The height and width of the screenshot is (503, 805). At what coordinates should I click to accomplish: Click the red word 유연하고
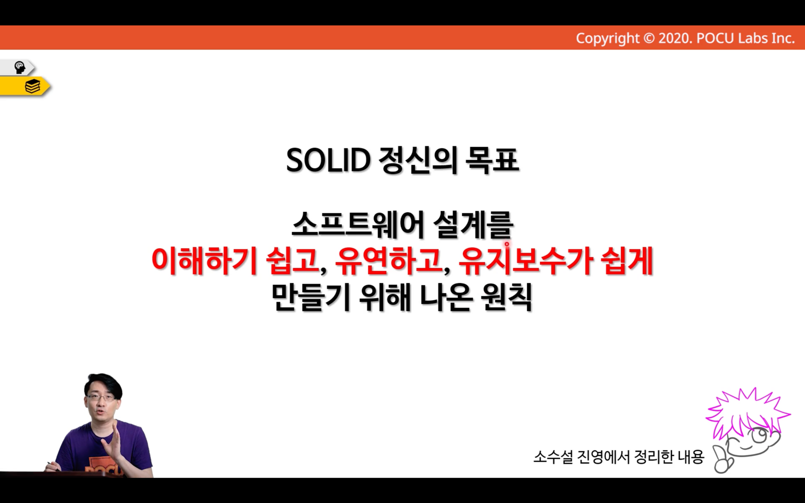[389, 261]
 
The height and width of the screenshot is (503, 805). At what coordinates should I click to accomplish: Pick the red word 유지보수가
[526, 261]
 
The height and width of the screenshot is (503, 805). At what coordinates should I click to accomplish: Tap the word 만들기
[311, 298]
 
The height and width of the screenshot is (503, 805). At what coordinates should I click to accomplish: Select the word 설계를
[473, 225]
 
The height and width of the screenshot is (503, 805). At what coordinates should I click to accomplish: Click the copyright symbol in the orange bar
[648, 38]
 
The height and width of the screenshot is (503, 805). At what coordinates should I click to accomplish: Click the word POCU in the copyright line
[715, 38]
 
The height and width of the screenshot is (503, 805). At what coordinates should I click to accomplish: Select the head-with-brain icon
[20, 68]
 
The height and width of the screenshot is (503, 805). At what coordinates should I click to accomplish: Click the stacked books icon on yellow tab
[32, 87]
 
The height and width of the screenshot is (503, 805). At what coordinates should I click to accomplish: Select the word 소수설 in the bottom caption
[553, 457]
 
